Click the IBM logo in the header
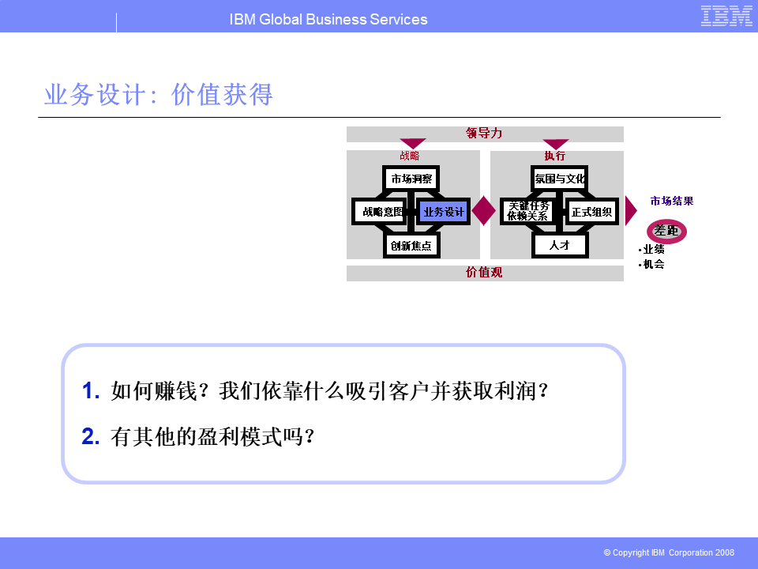[726, 16]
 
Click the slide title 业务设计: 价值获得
[159, 94]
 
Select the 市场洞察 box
[411, 179]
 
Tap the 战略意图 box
[381, 212]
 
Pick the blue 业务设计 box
[443, 212]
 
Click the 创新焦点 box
[411, 245]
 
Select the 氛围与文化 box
[559, 179]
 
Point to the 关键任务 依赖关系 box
[527, 212]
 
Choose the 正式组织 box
[591, 212]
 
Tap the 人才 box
[559, 245]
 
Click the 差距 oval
[666, 231]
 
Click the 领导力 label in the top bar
[484, 133]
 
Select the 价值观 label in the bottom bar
[484, 273]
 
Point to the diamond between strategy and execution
[483, 210]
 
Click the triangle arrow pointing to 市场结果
[630, 210]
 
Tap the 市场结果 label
[672, 201]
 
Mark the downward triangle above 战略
[413, 144]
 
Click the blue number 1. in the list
[91, 390]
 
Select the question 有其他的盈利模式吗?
[212, 436]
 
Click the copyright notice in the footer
[669, 552]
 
